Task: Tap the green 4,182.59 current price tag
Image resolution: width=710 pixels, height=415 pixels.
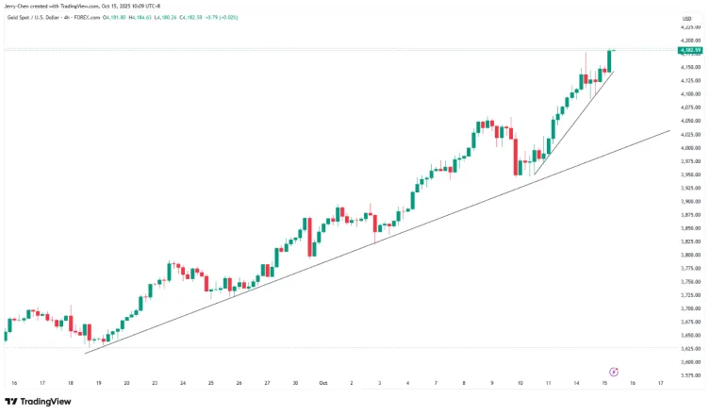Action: (x=691, y=49)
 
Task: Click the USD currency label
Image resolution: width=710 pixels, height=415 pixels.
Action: (x=687, y=18)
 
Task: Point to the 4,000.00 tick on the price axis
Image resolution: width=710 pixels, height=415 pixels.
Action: (x=691, y=148)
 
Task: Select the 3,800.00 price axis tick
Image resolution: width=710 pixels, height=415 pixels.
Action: (x=691, y=255)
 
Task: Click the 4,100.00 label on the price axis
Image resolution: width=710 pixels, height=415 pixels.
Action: (x=691, y=94)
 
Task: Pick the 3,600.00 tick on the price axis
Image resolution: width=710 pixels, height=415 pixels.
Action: (x=691, y=362)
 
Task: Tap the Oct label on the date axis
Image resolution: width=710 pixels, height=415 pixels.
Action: (x=322, y=383)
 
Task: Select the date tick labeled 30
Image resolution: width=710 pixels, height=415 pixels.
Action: (x=295, y=383)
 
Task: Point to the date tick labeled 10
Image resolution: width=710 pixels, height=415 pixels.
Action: (x=520, y=383)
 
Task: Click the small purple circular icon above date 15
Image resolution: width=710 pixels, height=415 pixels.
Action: (x=614, y=372)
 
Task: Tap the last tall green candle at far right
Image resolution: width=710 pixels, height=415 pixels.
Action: (x=610, y=60)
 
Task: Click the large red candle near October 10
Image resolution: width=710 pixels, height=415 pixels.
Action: (x=516, y=156)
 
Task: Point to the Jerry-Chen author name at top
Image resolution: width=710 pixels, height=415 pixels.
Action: (x=18, y=6)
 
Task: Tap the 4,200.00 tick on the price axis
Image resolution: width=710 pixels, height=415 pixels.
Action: (x=691, y=41)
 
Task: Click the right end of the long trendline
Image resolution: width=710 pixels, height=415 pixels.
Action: (x=668, y=132)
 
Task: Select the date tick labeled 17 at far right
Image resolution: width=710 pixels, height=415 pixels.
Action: (x=661, y=383)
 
